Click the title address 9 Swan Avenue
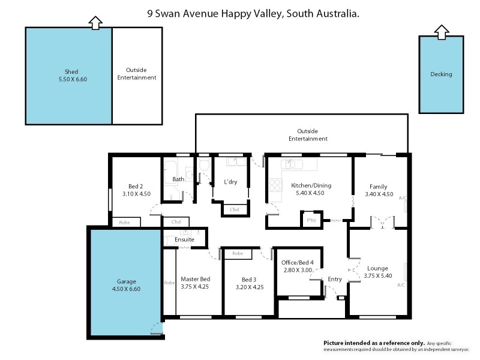[253, 13]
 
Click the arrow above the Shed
[95, 22]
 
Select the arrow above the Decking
[441, 32]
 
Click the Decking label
[441, 74]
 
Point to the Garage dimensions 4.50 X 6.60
[125, 289]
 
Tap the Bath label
[178, 179]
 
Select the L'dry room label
[231, 182]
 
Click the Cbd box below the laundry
[234, 209]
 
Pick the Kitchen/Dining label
[311, 185]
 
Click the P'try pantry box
[311, 220]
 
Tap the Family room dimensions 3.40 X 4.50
[379, 194]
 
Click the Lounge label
[378, 268]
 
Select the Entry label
[334, 279]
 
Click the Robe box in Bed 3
[238, 254]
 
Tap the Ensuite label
[184, 239]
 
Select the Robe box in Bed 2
[125, 222]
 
